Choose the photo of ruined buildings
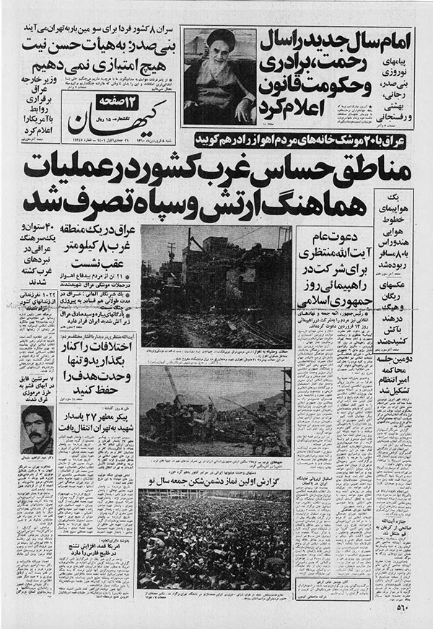pyautogui.click(x=214, y=287)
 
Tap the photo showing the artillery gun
pyautogui.click(x=215, y=415)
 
